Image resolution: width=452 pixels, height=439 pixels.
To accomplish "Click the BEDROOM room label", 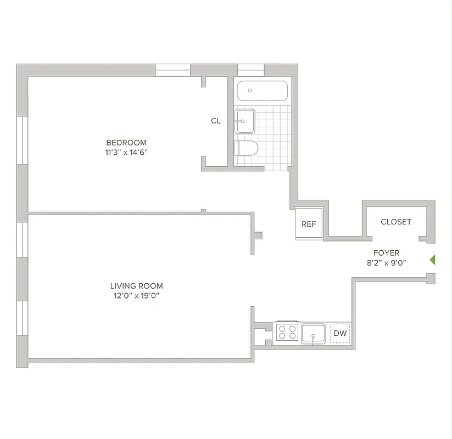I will (x=126, y=143).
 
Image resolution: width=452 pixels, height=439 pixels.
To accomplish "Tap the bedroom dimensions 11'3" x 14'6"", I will (x=126, y=153).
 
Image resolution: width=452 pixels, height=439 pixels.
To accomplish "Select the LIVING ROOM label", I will (x=136, y=286).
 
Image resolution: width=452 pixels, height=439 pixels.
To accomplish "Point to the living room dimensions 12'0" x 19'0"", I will (x=136, y=296).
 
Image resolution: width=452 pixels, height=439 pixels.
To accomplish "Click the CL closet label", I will (x=216, y=121).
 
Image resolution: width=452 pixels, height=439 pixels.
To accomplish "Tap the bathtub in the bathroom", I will (x=262, y=91).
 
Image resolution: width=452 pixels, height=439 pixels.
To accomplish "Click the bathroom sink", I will (x=244, y=121).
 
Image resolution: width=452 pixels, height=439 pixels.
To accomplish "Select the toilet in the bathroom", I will (x=245, y=148).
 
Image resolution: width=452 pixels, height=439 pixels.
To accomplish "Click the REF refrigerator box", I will (x=309, y=224).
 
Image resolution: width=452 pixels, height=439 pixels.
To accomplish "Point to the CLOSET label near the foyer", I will (x=396, y=222).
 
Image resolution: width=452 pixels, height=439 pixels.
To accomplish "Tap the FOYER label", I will (x=386, y=253).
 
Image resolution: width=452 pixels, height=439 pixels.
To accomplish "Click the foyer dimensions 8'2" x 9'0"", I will (x=386, y=263).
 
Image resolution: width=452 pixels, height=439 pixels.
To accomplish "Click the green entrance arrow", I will (x=432, y=260).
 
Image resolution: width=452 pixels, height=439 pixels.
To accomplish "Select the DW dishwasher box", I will (x=340, y=333).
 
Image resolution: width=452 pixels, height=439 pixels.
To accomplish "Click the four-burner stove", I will (x=287, y=332).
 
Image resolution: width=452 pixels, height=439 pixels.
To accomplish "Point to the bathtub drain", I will (x=250, y=91).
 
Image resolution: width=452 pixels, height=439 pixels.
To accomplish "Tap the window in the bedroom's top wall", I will (x=172, y=70).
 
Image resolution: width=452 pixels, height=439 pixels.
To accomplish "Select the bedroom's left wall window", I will (x=22, y=140).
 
